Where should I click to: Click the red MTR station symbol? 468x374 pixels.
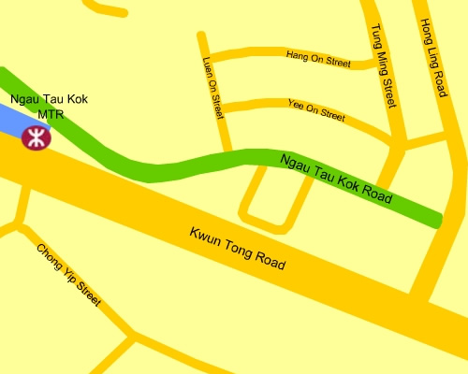coord(37,138)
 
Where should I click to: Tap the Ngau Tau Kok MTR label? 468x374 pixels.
coord(50,105)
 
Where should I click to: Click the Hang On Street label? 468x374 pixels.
coord(316,58)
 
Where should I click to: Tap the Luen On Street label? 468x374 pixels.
coord(213,87)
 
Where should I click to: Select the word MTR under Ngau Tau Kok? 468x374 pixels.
coord(51,114)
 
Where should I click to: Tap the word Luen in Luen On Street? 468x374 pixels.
coord(209,67)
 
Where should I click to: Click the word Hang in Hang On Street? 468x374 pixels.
coord(296,54)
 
